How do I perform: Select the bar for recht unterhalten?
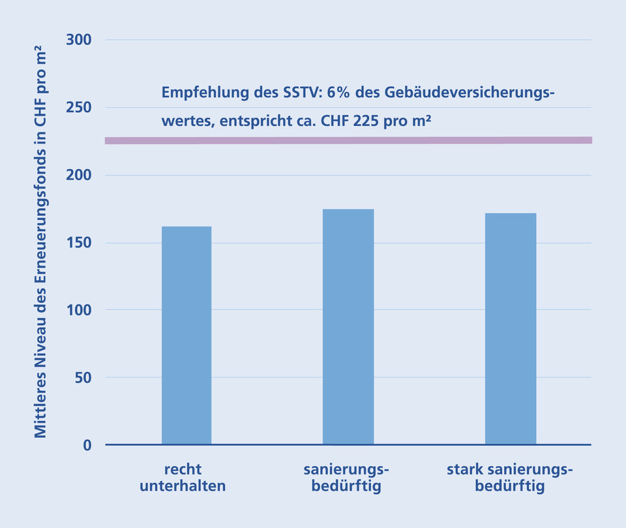tap(186, 335)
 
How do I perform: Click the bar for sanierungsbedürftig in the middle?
tap(348, 327)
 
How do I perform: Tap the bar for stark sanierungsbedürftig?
tap(511, 329)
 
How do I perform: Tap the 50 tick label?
tap(83, 378)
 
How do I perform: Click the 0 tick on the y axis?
tap(87, 445)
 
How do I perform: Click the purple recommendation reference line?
tap(348, 140)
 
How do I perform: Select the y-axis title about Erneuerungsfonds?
tap(40, 241)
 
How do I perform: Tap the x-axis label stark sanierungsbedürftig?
tap(510, 478)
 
